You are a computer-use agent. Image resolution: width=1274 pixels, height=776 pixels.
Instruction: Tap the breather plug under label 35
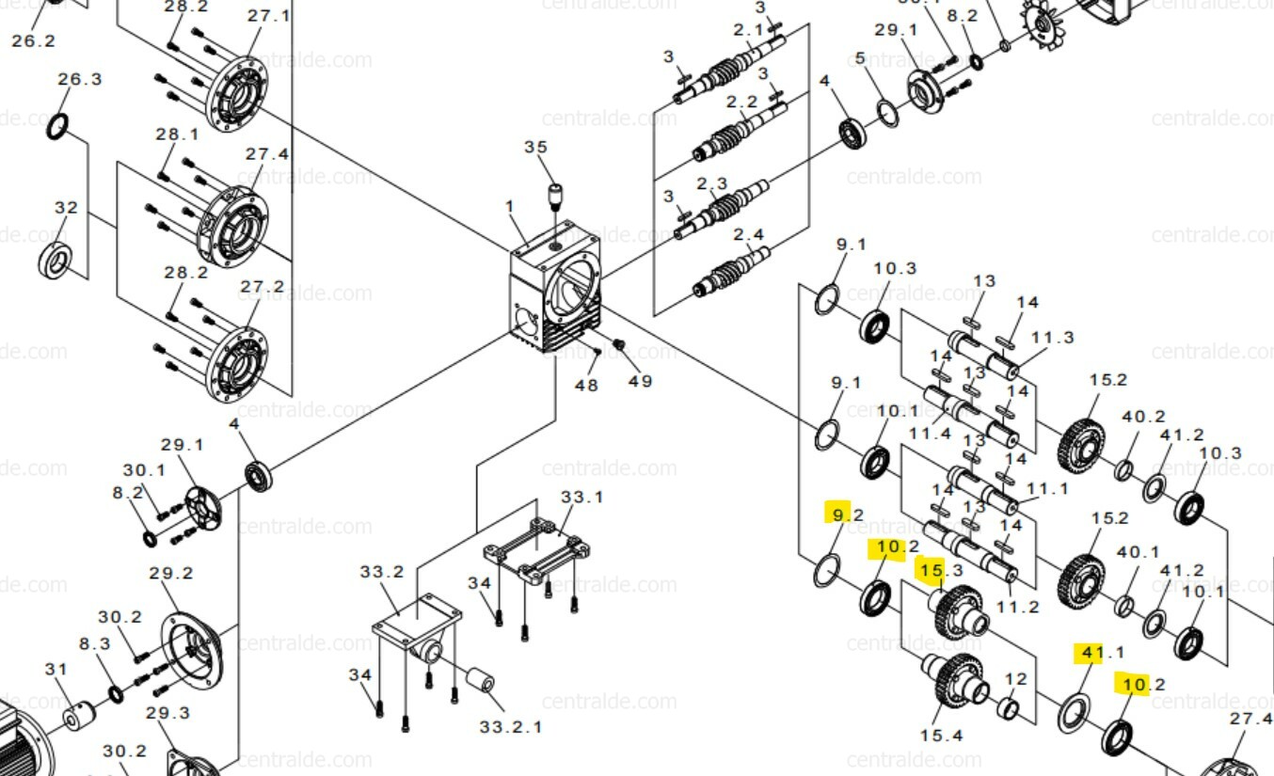[x=555, y=198]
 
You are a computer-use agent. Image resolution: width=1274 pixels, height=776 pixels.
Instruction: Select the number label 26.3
[x=80, y=79]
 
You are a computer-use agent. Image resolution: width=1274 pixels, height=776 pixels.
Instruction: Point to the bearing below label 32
[x=59, y=260]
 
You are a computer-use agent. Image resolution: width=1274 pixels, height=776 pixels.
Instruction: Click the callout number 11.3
[x=1052, y=338]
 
